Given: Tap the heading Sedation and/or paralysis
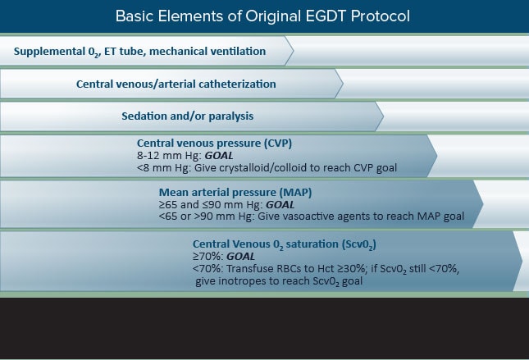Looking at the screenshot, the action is (188, 116).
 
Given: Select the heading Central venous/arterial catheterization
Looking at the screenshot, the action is (176, 84).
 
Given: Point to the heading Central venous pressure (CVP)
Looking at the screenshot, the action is (214, 144).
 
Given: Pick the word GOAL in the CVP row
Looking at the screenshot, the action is (219, 156).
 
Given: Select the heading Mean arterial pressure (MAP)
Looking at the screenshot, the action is (235, 193).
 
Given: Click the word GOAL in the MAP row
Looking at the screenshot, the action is (280, 205).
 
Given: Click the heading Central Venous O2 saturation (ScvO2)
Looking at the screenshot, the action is (285, 244).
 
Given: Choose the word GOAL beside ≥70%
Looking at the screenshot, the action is (240, 257).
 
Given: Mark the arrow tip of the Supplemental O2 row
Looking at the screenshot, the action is (294, 51).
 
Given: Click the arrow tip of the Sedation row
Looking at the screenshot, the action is (383, 116).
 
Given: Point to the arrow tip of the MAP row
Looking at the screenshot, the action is (483, 204).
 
